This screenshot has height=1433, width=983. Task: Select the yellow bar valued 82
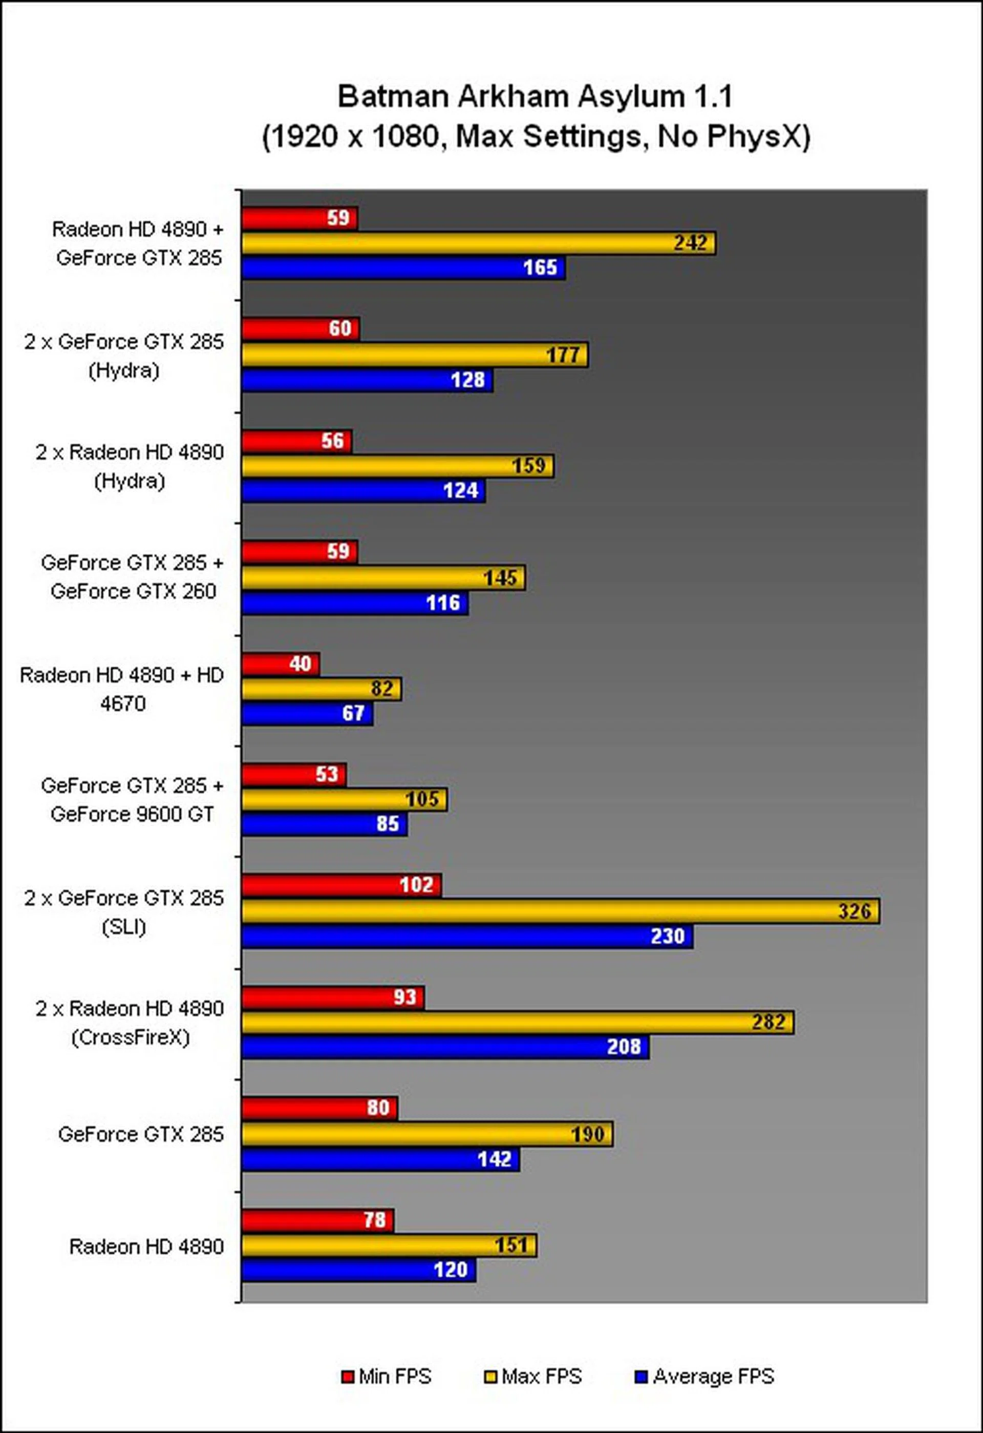(x=320, y=689)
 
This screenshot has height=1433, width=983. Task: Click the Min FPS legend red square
(x=348, y=1376)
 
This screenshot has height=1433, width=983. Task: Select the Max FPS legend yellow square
(x=490, y=1376)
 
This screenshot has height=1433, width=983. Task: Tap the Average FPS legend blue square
(x=641, y=1376)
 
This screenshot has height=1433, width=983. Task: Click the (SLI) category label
(x=124, y=927)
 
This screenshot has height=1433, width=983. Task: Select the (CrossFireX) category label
(x=130, y=1038)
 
